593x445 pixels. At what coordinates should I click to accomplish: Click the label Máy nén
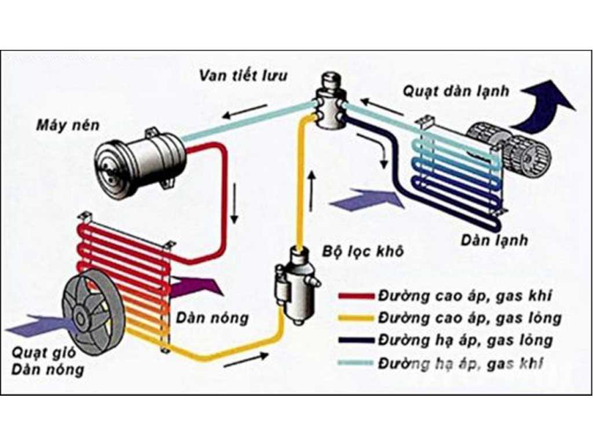click(68, 125)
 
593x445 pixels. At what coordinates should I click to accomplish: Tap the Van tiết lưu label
click(243, 76)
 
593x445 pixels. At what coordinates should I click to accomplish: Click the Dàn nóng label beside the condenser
click(213, 318)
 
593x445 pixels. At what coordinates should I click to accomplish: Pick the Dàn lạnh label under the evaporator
click(495, 239)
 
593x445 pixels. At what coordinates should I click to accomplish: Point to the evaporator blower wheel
click(510, 146)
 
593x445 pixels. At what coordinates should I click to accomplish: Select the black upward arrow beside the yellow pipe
click(312, 191)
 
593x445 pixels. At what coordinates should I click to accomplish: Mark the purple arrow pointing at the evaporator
click(367, 200)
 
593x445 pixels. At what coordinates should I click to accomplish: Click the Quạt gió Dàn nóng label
click(47, 360)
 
